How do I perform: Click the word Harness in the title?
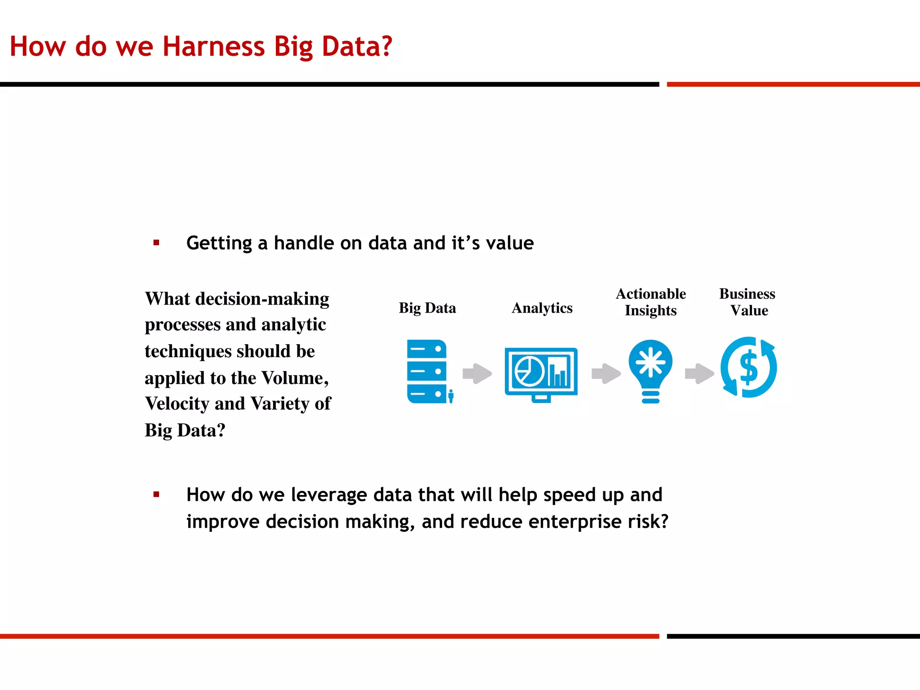point(213,46)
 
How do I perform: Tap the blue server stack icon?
point(427,372)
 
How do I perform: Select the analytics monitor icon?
point(541,374)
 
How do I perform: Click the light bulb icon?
point(650,371)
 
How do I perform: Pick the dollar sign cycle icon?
point(748,367)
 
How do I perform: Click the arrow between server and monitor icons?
point(477,374)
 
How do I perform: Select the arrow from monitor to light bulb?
point(606,373)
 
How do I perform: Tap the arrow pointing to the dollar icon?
point(699,373)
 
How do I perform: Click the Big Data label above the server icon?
point(427,308)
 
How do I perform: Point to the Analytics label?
point(542,308)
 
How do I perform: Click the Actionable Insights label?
point(650,302)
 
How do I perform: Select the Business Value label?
point(747,302)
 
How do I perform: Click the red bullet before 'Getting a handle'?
point(156,243)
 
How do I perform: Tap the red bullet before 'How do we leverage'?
point(156,495)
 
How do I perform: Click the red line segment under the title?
point(793,84)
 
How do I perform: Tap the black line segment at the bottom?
point(793,636)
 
